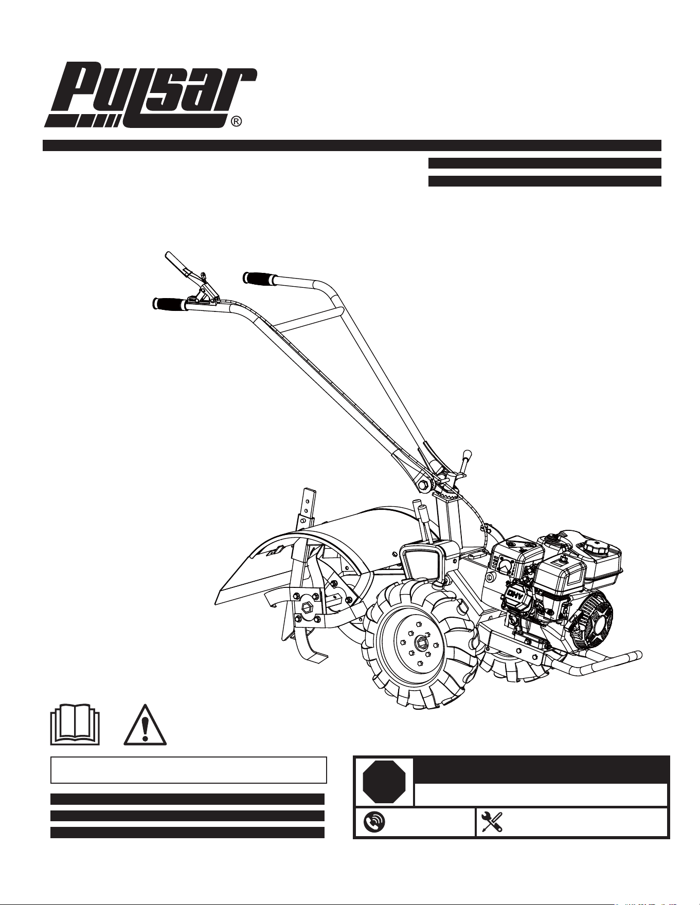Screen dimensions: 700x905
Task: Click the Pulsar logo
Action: coord(150,96)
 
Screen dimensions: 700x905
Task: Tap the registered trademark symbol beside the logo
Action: coord(236,122)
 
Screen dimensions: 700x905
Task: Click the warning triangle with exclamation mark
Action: coord(145,724)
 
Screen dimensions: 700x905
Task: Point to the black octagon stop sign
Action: coord(384,781)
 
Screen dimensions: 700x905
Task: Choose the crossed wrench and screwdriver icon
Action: coord(491,823)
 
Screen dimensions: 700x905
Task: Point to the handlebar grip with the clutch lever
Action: coord(170,304)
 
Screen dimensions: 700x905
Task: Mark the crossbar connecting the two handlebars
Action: coord(308,319)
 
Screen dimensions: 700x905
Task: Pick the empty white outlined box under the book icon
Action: coord(189,770)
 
